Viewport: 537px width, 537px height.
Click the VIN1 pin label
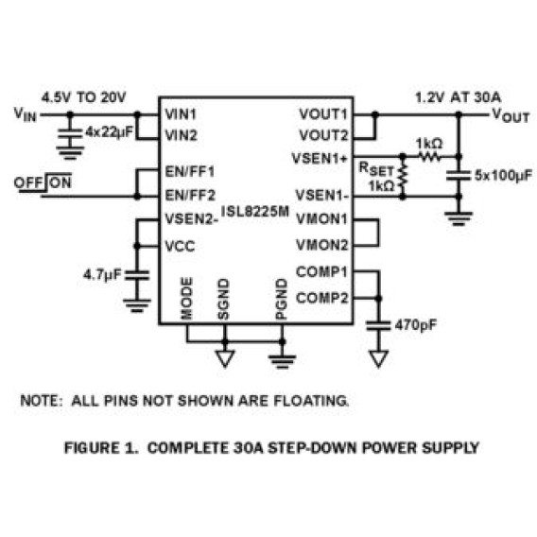tap(181, 114)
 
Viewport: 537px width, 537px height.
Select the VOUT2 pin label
tap(323, 135)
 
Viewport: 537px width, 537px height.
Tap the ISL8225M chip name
tap(255, 211)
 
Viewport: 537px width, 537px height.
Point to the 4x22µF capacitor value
tap(109, 131)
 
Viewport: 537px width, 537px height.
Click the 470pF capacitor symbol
tap(378, 325)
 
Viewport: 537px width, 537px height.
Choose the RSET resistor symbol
tap(403, 177)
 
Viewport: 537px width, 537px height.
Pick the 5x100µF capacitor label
tap(503, 175)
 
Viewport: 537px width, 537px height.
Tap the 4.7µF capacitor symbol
tap(137, 275)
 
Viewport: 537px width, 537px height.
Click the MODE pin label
tap(186, 299)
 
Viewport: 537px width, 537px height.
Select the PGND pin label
tap(281, 300)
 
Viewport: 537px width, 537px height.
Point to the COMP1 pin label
tap(322, 272)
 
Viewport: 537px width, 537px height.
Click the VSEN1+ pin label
tap(320, 159)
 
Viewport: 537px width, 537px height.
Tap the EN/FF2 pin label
tap(190, 195)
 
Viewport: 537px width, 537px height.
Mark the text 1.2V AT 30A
tap(459, 97)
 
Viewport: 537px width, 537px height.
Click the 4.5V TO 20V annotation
tap(83, 97)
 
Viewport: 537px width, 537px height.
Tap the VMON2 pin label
tap(322, 245)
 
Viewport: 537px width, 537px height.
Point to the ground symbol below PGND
tap(282, 362)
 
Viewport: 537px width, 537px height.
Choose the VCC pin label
tap(181, 246)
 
